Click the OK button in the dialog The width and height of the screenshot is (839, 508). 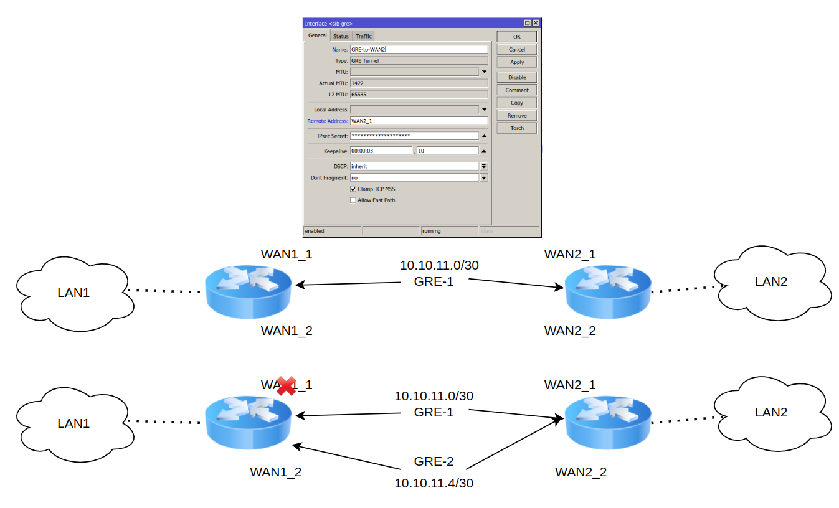[516, 37]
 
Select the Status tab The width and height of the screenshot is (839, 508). [341, 36]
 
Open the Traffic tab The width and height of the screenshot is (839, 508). [364, 36]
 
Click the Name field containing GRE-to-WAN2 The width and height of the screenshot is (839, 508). [419, 49]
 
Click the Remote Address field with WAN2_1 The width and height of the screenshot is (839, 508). [419, 121]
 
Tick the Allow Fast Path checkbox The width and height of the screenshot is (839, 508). [353, 200]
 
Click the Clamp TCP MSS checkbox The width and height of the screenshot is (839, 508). [353, 189]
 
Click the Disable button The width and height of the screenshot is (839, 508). [516, 77]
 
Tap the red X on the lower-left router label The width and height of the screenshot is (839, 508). [286, 386]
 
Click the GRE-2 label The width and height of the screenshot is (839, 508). [434, 461]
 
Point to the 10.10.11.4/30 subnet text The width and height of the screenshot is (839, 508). [434, 483]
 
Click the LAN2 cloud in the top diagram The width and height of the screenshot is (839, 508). [770, 281]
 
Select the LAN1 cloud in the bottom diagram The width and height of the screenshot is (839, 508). [73, 423]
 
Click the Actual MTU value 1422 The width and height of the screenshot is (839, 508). [419, 83]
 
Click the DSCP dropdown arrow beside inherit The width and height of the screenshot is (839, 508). [483, 166]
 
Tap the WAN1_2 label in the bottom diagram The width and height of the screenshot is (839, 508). [275, 472]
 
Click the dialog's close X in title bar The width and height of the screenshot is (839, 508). [536, 23]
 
